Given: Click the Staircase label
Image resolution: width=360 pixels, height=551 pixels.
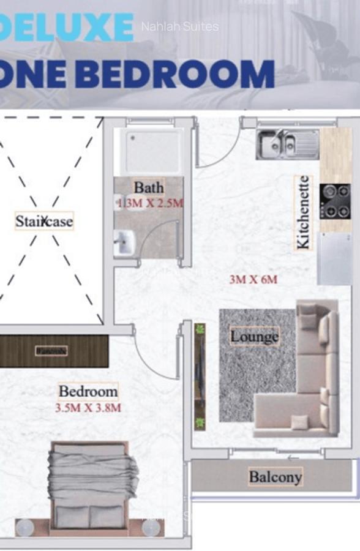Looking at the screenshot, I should click(44, 220).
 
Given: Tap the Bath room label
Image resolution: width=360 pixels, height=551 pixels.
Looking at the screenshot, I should click(149, 187).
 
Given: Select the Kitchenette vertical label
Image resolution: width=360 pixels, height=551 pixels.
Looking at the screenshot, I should click(302, 212).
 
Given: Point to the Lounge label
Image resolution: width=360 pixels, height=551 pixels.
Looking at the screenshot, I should click(254, 336).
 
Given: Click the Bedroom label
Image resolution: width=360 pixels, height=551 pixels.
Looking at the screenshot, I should click(88, 391).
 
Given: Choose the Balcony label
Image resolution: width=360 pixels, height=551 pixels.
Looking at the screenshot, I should click(275, 477).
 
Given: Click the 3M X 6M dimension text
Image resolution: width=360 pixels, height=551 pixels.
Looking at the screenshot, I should click(253, 280).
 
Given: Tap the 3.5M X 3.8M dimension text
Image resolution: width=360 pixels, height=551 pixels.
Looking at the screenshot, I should click(89, 407).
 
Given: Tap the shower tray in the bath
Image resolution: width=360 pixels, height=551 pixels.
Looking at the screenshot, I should click(153, 151).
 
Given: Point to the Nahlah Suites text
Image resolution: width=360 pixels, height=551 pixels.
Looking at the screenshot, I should click(179, 26).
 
